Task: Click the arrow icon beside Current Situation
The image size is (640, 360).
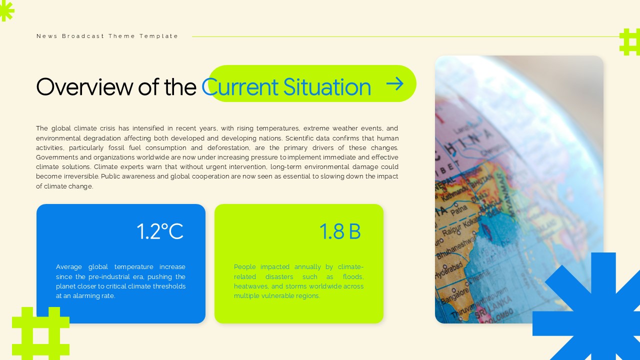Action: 395,83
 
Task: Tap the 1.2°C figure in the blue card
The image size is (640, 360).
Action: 160,231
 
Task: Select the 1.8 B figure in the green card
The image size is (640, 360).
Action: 340,231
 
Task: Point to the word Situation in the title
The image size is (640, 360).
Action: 327,86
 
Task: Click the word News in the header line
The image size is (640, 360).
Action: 47,36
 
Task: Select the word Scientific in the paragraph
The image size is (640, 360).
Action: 301,138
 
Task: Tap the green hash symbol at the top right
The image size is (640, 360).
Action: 629,42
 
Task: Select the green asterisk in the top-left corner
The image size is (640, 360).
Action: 6,10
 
